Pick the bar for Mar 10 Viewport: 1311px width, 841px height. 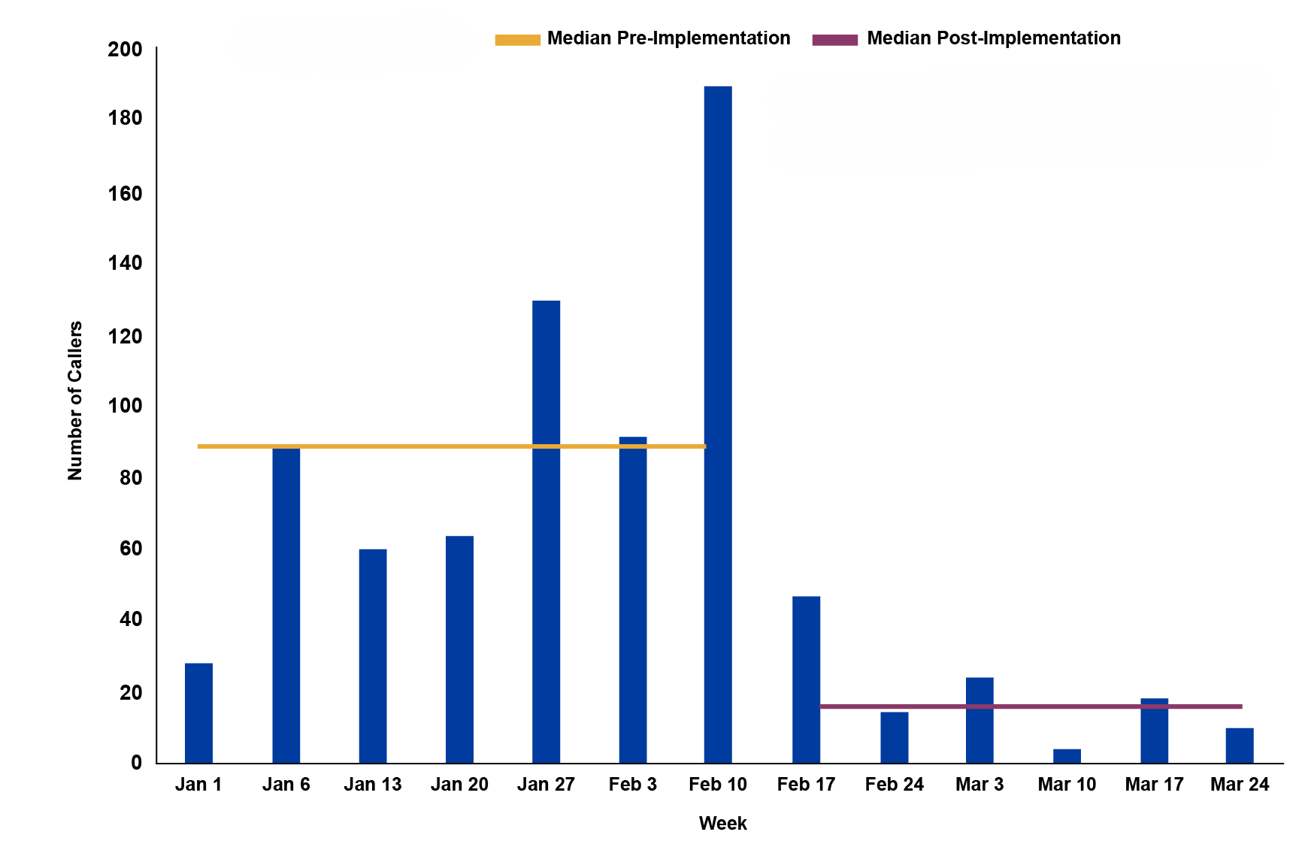coord(1067,756)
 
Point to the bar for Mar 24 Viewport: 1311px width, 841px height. coord(1240,746)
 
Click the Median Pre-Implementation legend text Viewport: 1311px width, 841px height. coord(668,38)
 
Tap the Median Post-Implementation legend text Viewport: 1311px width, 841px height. coord(993,38)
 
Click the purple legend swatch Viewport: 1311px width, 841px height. coord(834,40)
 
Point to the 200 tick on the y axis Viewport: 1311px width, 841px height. coord(125,50)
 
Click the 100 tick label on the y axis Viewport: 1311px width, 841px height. coord(125,406)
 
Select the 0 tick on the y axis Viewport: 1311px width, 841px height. coord(136,763)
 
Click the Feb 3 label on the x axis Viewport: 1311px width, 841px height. coord(632,785)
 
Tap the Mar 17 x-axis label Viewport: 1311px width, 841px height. coord(1154,785)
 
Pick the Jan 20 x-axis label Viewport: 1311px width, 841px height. coord(459,785)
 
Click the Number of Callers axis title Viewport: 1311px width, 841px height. coord(75,401)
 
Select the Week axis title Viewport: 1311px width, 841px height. coord(722,823)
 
